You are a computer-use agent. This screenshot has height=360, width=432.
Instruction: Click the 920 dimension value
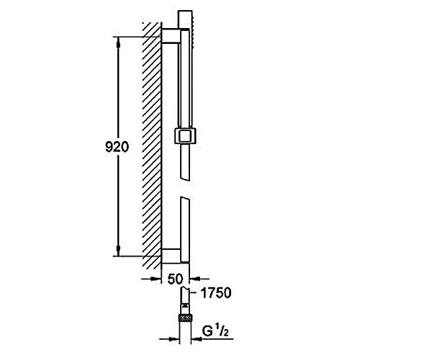[117, 147]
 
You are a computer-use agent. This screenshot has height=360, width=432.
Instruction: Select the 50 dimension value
[175, 279]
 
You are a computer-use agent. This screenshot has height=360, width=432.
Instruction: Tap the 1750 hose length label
[216, 293]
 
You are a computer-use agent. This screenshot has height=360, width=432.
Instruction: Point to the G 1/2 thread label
[215, 330]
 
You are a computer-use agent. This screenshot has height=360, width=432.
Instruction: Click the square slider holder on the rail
[185, 135]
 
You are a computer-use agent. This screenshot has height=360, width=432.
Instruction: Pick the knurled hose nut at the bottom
[185, 318]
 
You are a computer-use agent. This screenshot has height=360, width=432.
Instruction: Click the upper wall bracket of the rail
[171, 36]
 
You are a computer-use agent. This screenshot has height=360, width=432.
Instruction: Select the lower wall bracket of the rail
[171, 256]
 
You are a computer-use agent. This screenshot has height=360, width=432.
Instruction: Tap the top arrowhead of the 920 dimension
[119, 42]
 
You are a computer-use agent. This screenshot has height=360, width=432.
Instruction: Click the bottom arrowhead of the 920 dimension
[119, 251]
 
